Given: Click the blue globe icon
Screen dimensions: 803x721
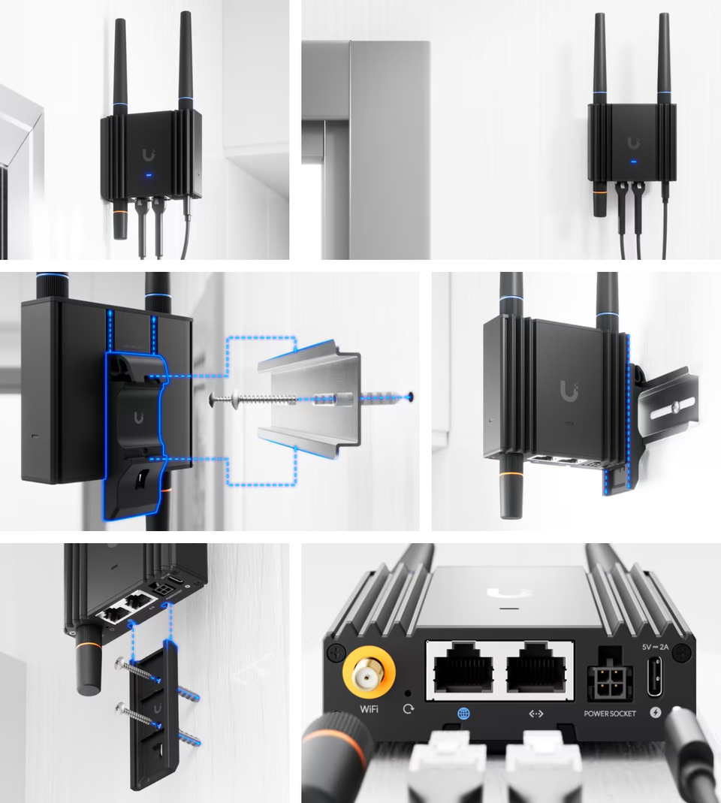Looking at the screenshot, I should pyautogui.click(x=463, y=713).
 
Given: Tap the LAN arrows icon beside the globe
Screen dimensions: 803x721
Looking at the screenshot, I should pyautogui.click(x=536, y=713).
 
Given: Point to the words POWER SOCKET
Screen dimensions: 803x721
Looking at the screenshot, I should pyautogui.click(x=611, y=713).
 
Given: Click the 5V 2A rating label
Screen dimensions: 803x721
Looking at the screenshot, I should pyautogui.click(x=656, y=646).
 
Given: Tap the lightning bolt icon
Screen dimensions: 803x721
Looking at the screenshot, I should pyautogui.click(x=656, y=713).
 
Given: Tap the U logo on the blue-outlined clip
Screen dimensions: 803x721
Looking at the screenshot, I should pyautogui.click(x=140, y=418).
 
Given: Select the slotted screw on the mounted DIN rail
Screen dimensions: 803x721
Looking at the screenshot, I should pyautogui.click(x=675, y=406).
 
